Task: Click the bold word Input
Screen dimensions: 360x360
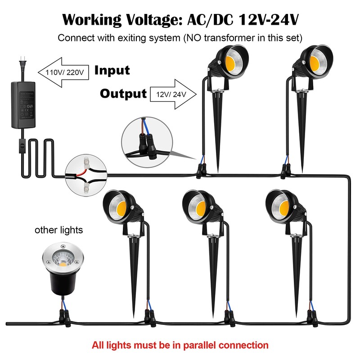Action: click(x=112, y=70)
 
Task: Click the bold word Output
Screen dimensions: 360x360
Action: click(x=123, y=94)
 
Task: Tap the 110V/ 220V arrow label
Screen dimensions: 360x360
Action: click(x=64, y=72)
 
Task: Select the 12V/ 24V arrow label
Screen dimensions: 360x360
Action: click(x=171, y=94)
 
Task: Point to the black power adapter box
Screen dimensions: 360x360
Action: click(x=23, y=105)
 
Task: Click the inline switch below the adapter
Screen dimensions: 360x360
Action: click(x=22, y=145)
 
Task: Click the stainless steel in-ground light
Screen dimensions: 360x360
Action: click(x=63, y=268)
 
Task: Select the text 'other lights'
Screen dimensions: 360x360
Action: click(x=59, y=230)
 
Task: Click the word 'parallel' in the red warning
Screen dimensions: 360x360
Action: click(x=200, y=345)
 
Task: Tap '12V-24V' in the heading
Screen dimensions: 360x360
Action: click(x=269, y=19)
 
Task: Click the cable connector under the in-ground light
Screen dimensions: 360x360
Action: click(x=64, y=317)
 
